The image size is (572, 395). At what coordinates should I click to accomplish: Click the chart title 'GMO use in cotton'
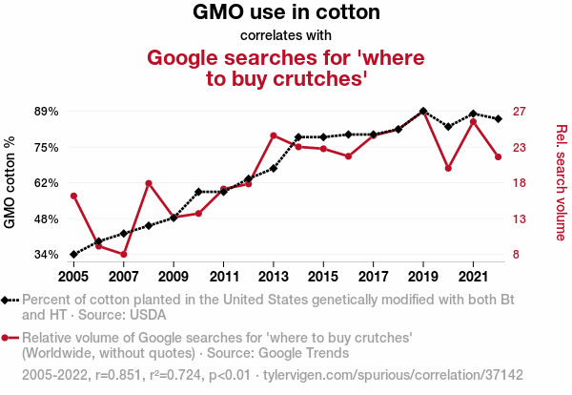[286, 13]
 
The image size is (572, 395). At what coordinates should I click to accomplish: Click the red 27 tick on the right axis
[520, 112]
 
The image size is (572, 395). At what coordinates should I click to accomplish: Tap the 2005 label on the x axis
[73, 276]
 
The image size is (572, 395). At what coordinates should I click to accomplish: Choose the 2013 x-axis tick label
[274, 276]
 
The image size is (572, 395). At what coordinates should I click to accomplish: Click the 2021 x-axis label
[473, 276]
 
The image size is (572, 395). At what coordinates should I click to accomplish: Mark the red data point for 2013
[274, 135]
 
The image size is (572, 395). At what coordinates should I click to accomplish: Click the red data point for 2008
[149, 183]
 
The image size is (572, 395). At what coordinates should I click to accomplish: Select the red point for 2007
[124, 254]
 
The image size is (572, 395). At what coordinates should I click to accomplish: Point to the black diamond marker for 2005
[73, 255]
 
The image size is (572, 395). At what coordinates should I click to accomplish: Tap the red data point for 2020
[448, 168]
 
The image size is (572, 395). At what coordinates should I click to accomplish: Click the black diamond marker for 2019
[423, 112]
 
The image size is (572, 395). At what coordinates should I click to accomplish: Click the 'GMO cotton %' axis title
[10, 182]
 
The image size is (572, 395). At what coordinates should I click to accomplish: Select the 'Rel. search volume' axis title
[561, 182]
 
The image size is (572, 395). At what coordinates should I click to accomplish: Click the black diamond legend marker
[8, 300]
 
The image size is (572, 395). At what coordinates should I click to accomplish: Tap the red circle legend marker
[8, 338]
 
